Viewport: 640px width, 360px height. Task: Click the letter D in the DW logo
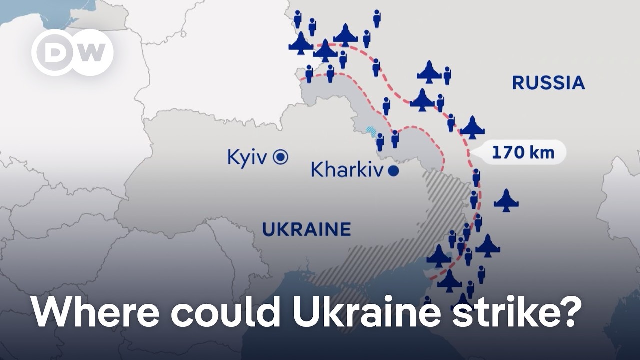(x=54, y=52)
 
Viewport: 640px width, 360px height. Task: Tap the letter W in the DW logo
(x=91, y=52)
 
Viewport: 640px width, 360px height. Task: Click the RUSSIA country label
(x=548, y=83)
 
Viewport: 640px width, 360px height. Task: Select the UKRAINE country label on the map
(x=306, y=229)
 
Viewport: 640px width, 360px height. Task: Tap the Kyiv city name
(x=248, y=157)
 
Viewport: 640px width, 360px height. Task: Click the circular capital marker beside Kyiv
(x=281, y=157)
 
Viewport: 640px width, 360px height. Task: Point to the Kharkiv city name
(x=347, y=170)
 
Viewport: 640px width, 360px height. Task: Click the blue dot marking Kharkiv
(x=393, y=171)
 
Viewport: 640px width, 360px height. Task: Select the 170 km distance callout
(x=523, y=152)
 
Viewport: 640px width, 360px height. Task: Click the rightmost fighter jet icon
(x=506, y=201)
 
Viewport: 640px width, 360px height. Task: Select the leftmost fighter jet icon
(x=301, y=44)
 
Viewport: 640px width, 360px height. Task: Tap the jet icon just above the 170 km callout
(x=472, y=128)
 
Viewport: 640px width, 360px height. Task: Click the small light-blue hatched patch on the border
(x=371, y=131)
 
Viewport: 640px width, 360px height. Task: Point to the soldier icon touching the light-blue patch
(x=380, y=142)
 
